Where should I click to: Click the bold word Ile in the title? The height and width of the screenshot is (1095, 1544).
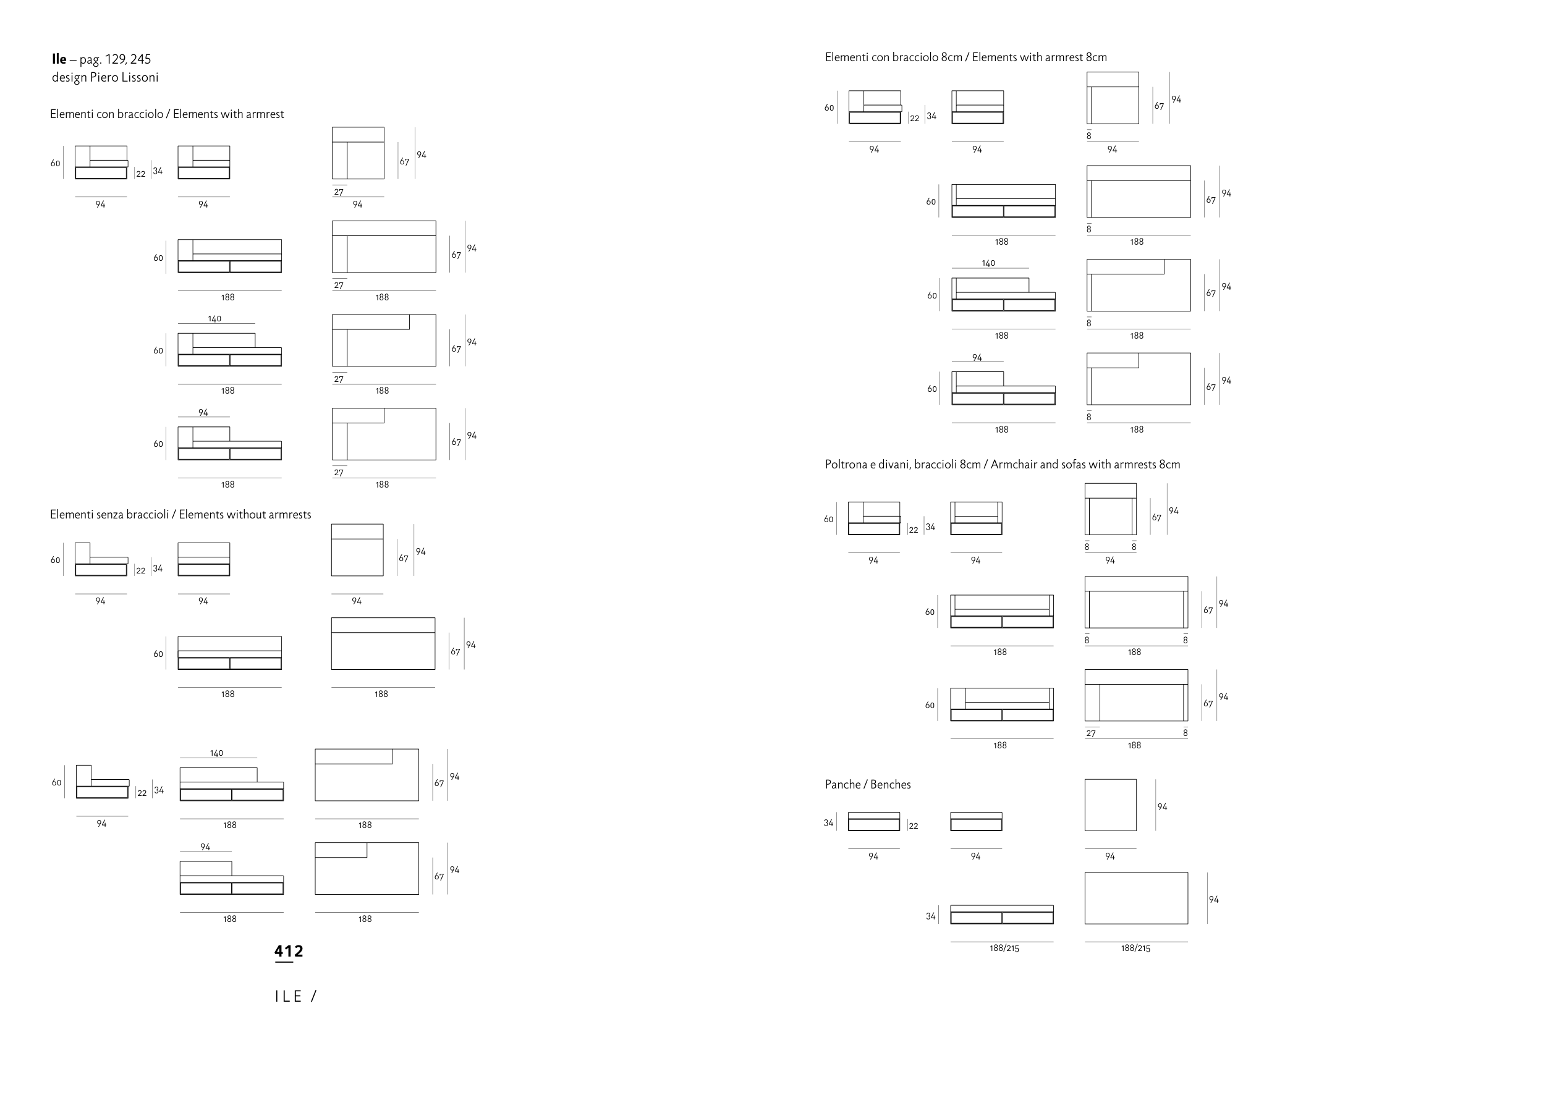[x=59, y=59]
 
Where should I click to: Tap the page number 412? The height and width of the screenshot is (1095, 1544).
[x=289, y=952]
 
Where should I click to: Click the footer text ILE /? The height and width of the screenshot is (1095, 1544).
[x=295, y=997]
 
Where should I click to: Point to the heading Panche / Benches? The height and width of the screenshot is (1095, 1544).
[x=867, y=784]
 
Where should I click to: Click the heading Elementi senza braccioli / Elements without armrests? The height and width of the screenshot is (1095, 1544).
[x=180, y=515]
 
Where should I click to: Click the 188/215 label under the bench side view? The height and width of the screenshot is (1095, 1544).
[x=1004, y=948]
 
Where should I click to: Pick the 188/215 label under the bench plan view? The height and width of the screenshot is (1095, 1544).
[x=1135, y=948]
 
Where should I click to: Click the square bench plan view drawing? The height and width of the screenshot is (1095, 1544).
[x=1110, y=805]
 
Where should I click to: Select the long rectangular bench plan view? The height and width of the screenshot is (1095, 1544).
[x=1136, y=898]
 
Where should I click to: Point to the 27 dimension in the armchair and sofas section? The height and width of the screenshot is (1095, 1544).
[x=1091, y=734]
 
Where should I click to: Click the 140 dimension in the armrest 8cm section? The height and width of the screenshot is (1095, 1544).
[x=988, y=263]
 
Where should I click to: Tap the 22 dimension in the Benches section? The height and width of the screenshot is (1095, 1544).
[x=913, y=826]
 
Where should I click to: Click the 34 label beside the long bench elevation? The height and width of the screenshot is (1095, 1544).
[x=930, y=916]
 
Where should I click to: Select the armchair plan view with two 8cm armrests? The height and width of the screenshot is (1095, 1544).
[x=1110, y=509]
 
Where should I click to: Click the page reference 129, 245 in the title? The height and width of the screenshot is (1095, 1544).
[x=128, y=59]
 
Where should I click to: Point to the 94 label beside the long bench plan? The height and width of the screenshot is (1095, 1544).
[x=1213, y=900]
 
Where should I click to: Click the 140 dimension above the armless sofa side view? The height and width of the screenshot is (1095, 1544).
[x=216, y=753]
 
